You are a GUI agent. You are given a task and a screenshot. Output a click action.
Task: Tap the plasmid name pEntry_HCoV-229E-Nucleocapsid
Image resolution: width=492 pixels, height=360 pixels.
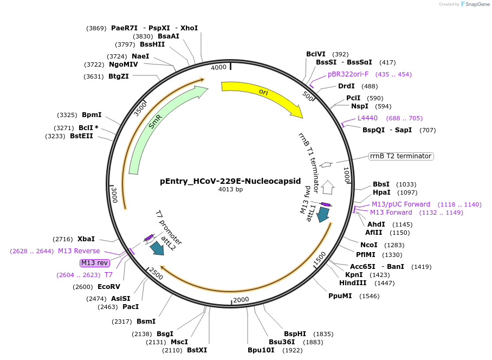click(x=230, y=181)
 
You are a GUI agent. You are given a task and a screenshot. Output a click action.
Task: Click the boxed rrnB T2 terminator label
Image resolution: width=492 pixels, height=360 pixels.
click(x=401, y=156)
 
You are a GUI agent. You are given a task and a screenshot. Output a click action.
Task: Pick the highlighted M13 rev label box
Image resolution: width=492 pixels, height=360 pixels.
click(x=95, y=263)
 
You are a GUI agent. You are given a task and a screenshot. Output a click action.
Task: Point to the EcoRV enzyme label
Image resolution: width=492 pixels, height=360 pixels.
click(x=109, y=287)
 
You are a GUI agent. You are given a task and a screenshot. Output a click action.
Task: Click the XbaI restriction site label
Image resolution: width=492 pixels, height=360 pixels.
click(x=86, y=239)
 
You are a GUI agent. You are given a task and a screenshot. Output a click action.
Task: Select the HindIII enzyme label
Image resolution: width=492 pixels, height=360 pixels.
click(x=353, y=283)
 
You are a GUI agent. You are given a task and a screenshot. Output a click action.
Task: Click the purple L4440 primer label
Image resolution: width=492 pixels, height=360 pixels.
click(x=367, y=118)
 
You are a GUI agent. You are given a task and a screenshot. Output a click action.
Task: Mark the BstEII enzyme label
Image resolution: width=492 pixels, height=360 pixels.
click(x=81, y=136)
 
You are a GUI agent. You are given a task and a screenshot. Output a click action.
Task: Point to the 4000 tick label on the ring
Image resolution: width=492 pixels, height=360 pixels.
click(x=219, y=68)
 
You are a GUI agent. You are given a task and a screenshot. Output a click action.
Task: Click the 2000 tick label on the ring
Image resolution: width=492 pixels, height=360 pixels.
click(x=241, y=299)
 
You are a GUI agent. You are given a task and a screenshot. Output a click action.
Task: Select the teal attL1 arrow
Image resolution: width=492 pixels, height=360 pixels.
click(x=323, y=214)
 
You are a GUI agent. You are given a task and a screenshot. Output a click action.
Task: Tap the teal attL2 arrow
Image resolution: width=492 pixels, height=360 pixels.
click(x=157, y=248)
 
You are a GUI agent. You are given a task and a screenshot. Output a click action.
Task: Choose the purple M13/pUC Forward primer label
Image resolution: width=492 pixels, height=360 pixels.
click(x=400, y=204)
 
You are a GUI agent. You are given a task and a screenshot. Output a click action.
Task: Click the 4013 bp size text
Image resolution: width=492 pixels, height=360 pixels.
click(x=230, y=190)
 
